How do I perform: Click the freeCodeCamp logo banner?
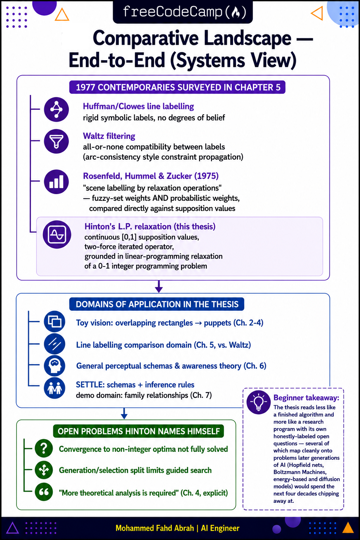pyautogui.click(x=182, y=12)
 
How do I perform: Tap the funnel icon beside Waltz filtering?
pyautogui.click(x=56, y=141)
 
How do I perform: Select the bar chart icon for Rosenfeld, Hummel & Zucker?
pyautogui.click(x=56, y=181)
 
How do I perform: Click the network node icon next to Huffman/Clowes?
pyautogui.click(x=56, y=109)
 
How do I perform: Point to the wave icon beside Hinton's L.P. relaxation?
pyautogui.click(x=57, y=234)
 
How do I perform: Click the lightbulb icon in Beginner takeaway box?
pyautogui.click(x=258, y=402)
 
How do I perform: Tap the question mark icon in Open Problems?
pyautogui.click(x=44, y=448)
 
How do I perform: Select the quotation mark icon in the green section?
pyautogui.click(x=44, y=492)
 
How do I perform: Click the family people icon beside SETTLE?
pyautogui.click(x=54, y=388)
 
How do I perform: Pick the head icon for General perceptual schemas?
pyautogui.click(x=54, y=366)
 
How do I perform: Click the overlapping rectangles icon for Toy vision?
pyautogui.click(x=54, y=321)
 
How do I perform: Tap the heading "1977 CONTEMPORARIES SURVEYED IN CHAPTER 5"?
pyautogui.click(x=178, y=87)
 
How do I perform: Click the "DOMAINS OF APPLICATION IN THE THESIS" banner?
pyautogui.click(x=157, y=304)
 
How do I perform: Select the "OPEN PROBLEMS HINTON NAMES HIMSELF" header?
pyautogui.click(x=139, y=431)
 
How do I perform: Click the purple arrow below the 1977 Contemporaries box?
pyautogui.click(x=159, y=287)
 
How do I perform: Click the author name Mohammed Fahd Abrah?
pyautogui.click(x=155, y=528)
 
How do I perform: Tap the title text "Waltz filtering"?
pyautogui.click(x=109, y=136)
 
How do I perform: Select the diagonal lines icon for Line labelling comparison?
pyautogui.click(x=54, y=343)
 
